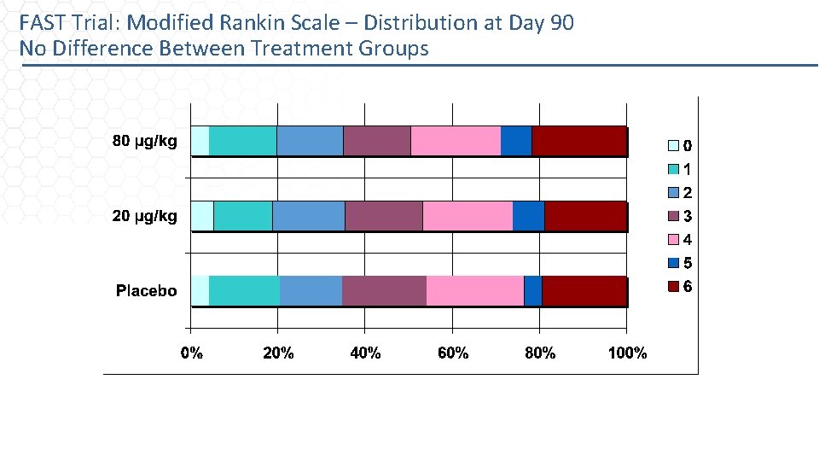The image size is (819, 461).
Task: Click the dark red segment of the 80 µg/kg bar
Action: [x=579, y=141]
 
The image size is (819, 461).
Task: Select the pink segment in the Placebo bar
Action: [x=475, y=291]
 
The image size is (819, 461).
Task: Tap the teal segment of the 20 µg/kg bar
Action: [x=243, y=216]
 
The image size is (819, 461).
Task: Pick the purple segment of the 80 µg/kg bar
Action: [x=377, y=141]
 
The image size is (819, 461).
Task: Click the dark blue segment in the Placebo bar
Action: [x=533, y=291]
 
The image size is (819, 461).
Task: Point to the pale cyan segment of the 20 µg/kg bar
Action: [x=202, y=216]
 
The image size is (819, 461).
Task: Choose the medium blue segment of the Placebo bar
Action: [x=311, y=291]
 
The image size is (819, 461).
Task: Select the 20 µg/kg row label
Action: [x=145, y=216]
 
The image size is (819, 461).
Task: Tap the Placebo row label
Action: [x=146, y=291]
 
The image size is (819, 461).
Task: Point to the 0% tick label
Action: [x=192, y=353]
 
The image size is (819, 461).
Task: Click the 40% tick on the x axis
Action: [x=366, y=353]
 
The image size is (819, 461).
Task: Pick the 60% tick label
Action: [x=453, y=353]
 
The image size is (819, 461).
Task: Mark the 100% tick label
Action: [x=627, y=353]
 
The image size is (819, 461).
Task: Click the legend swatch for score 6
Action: [x=672, y=287]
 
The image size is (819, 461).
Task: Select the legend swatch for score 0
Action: [x=672, y=146]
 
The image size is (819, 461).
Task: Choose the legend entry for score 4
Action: [x=679, y=240]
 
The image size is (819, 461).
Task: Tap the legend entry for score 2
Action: [x=679, y=193]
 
